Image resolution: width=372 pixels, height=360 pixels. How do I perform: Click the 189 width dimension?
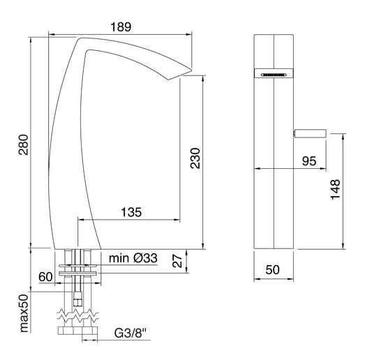(x=120, y=26)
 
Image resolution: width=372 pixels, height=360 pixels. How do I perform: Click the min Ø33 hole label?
(x=133, y=258)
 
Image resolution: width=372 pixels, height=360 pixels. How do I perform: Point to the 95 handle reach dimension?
(x=309, y=160)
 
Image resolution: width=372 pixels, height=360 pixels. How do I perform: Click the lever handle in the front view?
(x=311, y=133)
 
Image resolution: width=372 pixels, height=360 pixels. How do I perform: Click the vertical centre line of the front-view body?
(x=274, y=174)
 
